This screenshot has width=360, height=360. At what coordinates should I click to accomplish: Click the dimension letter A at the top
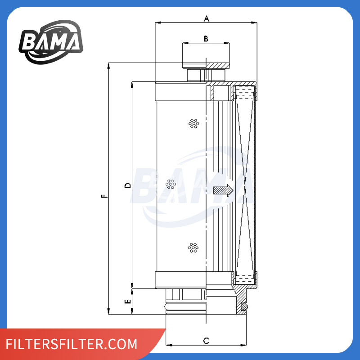pos(207,18)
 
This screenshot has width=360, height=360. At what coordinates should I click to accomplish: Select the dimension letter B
pos(206,39)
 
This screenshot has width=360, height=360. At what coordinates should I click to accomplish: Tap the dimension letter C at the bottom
pos(206,341)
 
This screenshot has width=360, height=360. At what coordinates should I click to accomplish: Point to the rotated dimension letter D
pos(128,185)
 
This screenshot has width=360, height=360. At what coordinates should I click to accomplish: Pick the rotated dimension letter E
pos(128,301)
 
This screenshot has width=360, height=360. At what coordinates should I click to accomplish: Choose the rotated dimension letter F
pos(104,196)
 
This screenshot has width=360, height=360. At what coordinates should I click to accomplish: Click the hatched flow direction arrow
pos(223,190)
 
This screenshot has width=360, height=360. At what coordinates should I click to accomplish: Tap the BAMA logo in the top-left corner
pos(51,42)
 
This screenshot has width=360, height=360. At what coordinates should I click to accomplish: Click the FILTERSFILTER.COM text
pos(72,344)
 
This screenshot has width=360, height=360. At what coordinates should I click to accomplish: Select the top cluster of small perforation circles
pos(194,123)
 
